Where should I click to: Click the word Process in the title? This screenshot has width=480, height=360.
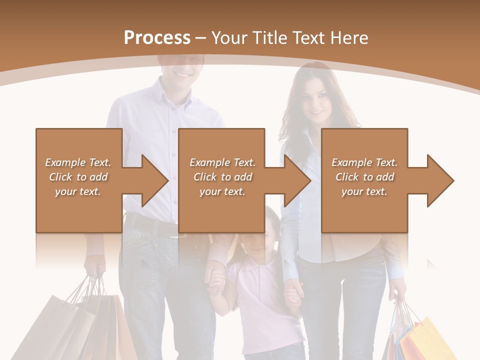coord(157,38)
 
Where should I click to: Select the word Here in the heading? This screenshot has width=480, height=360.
coord(350,38)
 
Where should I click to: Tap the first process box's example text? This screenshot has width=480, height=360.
coord(78,177)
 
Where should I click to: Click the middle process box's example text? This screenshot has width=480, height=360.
coord(222,177)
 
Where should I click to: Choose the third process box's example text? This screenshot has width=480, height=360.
coord(364,177)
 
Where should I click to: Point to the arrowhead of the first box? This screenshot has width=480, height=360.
coord(152,180)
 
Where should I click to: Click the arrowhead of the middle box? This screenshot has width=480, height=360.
coord(295,180)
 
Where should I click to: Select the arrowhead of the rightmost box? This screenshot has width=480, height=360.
coord(438,180)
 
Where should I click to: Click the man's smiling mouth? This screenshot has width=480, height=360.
coord(182,74)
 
